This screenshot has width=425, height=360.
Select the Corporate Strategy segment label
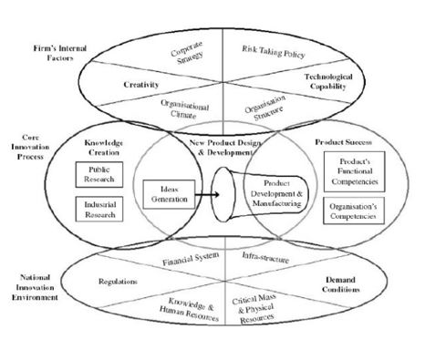tap(187, 53)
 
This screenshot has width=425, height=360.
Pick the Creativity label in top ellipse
tap(142, 84)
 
